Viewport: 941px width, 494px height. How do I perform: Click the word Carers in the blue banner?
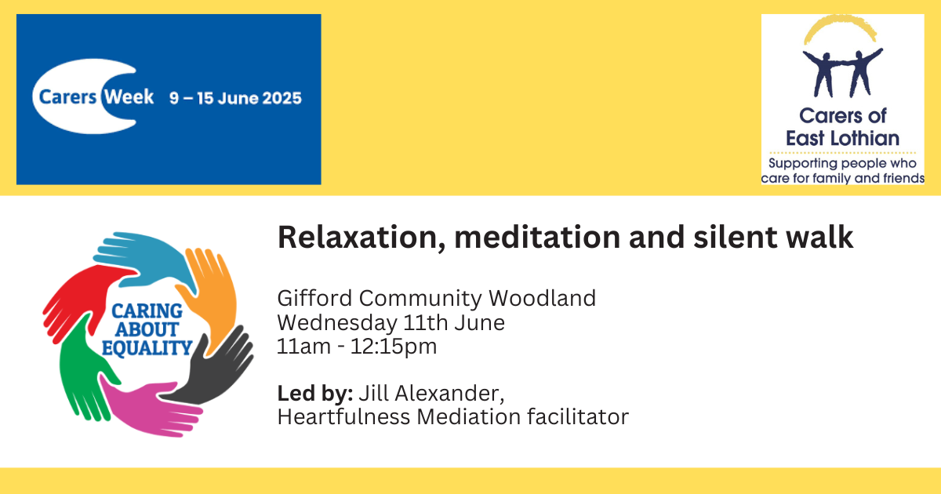pos(67,97)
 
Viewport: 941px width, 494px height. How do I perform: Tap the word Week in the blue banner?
pos(129,96)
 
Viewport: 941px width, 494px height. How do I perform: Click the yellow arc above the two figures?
pos(839,26)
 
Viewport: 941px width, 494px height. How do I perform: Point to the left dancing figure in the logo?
pos(822,72)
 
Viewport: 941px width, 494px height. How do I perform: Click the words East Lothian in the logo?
pos(842,138)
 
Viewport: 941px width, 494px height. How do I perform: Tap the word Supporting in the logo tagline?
pos(803,163)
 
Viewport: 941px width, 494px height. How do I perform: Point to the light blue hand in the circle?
pos(143,260)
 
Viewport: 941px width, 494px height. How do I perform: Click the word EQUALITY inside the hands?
pos(147,348)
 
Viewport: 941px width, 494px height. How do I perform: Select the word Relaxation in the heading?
pos(362,238)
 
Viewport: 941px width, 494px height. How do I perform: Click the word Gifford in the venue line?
pos(314,298)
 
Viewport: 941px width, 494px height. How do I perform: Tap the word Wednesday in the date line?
pos(337,323)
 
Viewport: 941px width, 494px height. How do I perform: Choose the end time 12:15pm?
pos(394,347)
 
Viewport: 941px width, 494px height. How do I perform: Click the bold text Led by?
pos(315,394)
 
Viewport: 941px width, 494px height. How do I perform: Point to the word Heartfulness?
pos(343,417)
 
